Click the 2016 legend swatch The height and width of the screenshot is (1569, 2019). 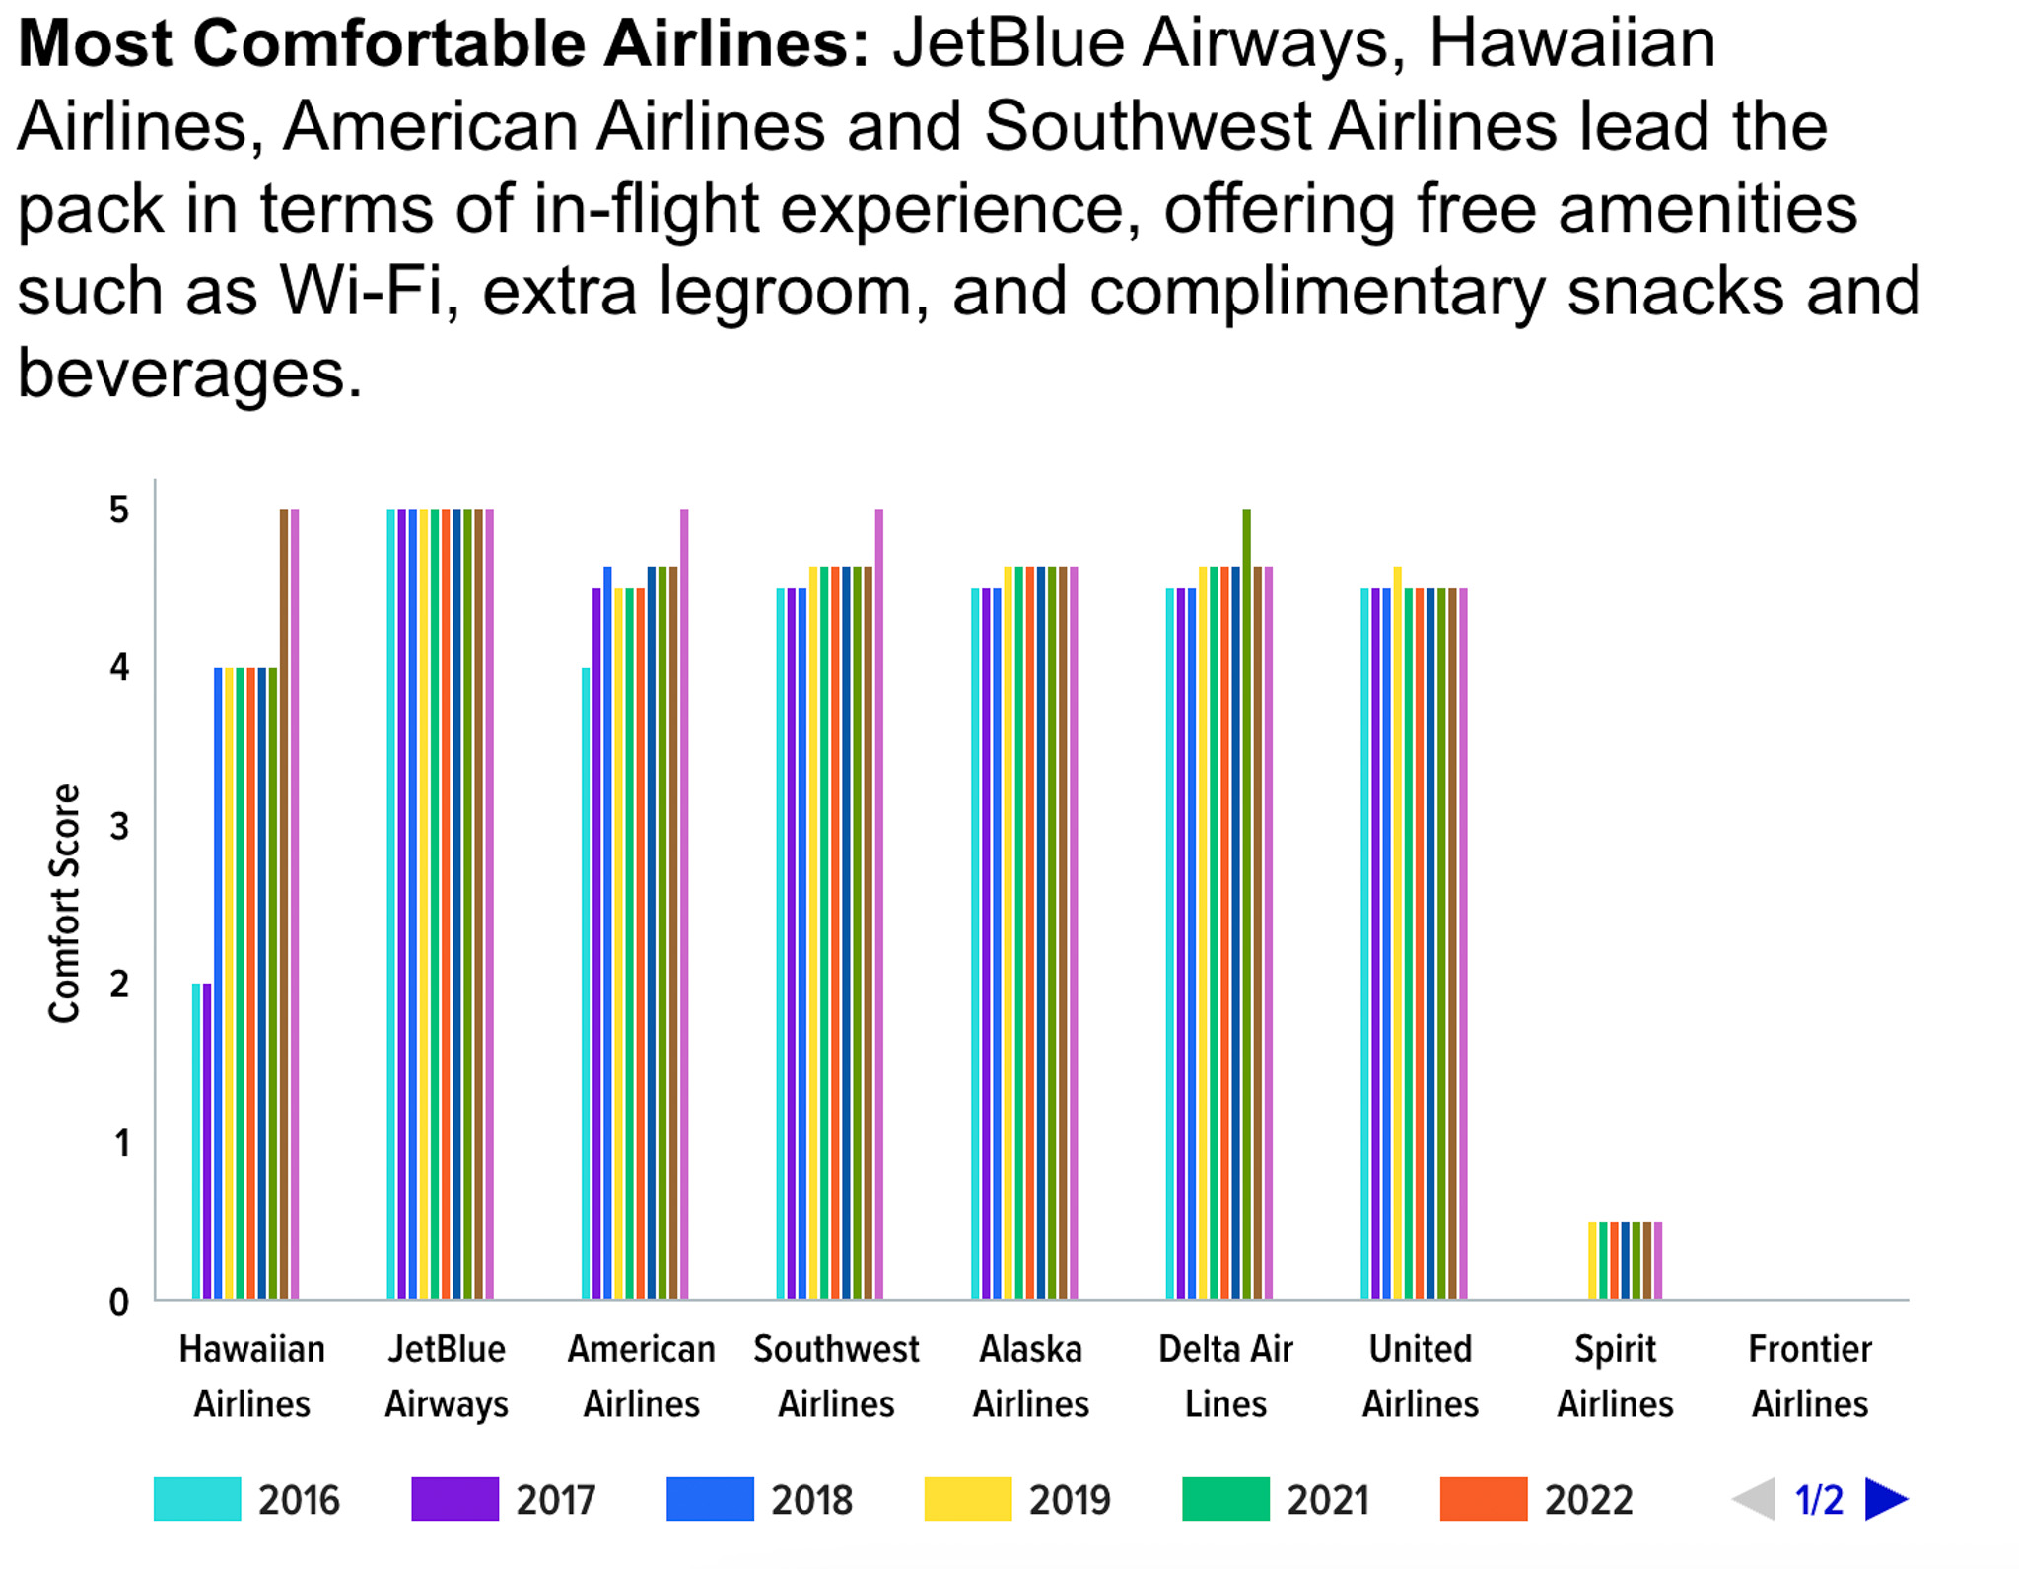197,1499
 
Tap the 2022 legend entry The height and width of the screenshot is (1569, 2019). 1535,1499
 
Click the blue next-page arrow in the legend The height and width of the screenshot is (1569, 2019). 1885,1499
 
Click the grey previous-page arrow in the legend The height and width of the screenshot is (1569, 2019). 1755,1499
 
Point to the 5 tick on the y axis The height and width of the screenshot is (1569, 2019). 119,511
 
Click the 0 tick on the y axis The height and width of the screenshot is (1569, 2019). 119,1302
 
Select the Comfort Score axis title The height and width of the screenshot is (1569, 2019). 65,903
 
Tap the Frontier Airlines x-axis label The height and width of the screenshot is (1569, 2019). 1809,1376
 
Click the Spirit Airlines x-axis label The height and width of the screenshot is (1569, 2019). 1615,1376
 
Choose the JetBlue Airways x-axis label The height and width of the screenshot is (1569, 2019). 447,1376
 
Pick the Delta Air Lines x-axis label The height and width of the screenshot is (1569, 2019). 1225,1376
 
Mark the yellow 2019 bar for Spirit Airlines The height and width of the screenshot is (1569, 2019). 1592,1261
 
